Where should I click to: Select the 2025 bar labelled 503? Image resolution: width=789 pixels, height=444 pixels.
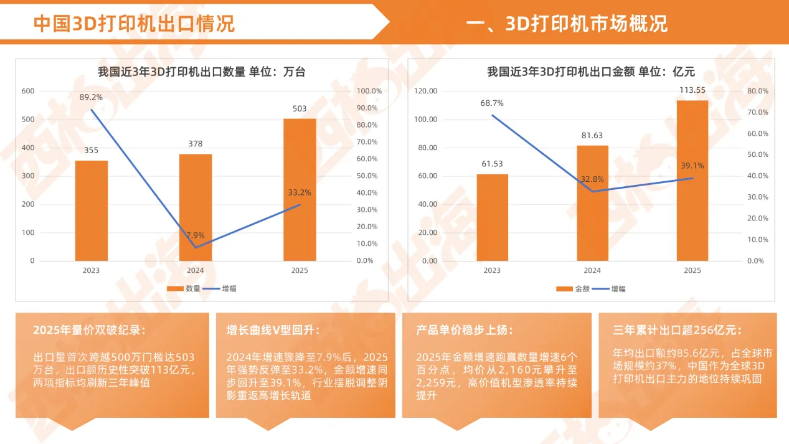[x=300, y=189]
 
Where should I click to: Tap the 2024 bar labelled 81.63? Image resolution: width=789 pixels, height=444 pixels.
[x=592, y=203]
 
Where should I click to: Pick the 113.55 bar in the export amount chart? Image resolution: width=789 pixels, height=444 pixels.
[x=692, y=181]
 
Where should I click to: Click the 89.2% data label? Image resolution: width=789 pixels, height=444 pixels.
[x=91, y=97]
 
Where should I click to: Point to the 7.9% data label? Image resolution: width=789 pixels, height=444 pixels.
[x=195, y=235]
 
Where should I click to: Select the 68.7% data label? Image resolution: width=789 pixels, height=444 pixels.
[x=492, y=103]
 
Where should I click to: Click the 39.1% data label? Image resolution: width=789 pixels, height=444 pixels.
[x=692, y=166]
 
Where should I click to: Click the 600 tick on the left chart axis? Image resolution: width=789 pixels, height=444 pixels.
[x=29, y=91]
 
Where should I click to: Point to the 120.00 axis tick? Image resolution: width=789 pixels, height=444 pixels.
[x=427, y=91]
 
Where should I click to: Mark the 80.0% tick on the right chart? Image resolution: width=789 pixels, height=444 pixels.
[x=757, y=91]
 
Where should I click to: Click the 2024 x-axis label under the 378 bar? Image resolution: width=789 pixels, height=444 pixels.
[x=196, y=271]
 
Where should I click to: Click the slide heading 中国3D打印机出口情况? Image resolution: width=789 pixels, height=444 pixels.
[x=134, y=24]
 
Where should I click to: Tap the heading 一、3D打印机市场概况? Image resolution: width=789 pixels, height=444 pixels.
[x=566, y=24]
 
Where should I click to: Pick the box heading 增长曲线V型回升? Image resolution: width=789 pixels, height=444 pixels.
[x=273, y=330]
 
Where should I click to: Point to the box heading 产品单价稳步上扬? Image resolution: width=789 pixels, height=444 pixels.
[x=464, y=330]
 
